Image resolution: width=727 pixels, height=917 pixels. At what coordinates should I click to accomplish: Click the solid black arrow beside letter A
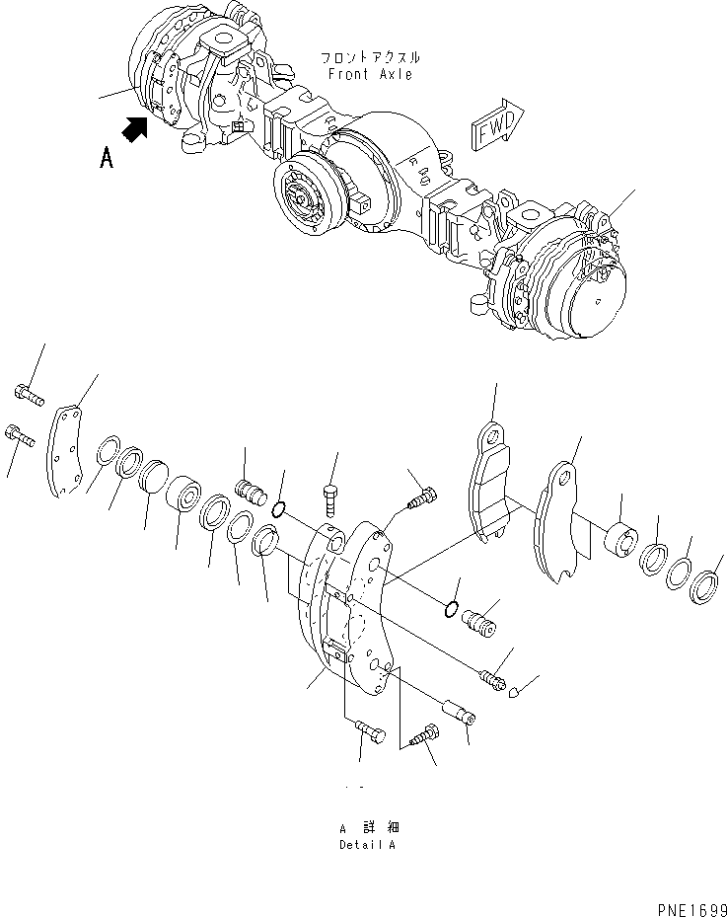click(136, 127)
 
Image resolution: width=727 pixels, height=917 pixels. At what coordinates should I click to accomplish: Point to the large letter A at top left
click(106, 157)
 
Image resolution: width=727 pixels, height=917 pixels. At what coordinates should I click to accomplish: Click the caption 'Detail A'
click(369, 845)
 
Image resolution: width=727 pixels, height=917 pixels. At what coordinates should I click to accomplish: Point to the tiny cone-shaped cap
click(514, 694)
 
